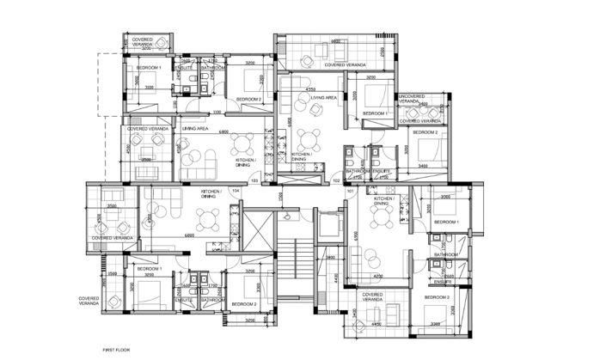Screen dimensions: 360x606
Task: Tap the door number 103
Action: point(254,180)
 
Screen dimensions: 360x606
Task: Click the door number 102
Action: point(336,180)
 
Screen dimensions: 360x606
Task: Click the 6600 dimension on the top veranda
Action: point(337,41)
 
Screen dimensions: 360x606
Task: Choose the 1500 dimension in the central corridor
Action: point(280,197)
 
